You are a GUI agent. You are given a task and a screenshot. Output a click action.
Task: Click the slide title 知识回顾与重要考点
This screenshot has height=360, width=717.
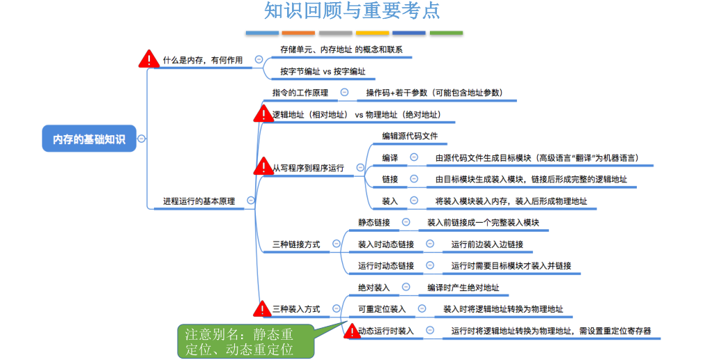point(352,12)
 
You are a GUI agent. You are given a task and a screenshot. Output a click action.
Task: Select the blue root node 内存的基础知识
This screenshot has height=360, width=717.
point(89,139)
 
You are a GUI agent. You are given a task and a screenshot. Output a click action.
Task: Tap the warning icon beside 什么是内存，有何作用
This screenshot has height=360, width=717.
point(148,59)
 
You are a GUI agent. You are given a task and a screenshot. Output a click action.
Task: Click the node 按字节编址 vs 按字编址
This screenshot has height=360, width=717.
point(323,71)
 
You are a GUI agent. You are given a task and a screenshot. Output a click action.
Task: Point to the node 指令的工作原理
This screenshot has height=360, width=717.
point(300,93)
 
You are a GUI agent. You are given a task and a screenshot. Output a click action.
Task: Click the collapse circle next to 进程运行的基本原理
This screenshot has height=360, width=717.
point(250,201)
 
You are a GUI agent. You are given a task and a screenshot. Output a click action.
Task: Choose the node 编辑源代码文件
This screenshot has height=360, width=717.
point(409,136)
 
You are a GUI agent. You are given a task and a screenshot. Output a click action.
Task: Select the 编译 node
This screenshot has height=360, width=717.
point(390,158)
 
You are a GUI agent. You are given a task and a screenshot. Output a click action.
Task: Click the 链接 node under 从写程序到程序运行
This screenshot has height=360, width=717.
point(390,179)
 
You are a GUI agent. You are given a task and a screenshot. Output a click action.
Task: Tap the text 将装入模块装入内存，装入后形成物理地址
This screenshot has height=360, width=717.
point(511,201)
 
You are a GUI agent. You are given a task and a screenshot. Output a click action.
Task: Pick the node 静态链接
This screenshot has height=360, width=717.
point(374,223)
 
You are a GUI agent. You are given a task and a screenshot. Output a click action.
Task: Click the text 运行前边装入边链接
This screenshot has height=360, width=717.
point(487,244)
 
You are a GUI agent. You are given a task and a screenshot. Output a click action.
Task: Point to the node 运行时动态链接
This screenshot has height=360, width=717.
point(385,265)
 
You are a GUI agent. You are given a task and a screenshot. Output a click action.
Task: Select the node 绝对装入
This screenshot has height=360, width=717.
point(374,287)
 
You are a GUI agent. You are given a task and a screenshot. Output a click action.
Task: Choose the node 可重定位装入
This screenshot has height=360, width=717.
point(382,308)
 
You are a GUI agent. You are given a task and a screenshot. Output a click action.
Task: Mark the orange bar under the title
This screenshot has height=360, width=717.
point(298,33)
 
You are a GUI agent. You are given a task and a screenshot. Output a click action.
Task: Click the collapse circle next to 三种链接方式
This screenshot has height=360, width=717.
point(337,244)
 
